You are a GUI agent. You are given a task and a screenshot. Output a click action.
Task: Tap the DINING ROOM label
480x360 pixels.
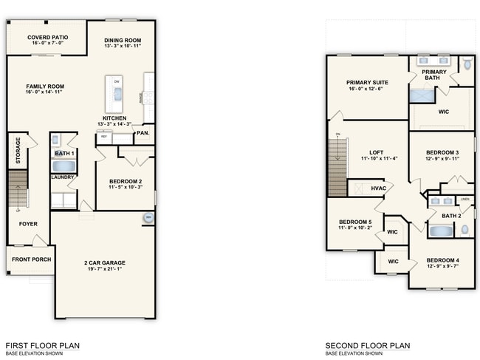[123, 41]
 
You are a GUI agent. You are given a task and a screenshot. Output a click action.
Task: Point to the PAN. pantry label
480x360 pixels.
[143, 133]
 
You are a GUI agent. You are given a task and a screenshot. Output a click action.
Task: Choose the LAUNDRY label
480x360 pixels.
[61, 177]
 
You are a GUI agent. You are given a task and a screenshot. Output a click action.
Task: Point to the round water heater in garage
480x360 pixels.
[148, 217]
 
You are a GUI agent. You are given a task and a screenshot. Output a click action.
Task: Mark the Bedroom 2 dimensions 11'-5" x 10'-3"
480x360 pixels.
[125, 188]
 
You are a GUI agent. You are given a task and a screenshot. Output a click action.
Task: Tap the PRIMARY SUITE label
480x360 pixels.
[367, 83]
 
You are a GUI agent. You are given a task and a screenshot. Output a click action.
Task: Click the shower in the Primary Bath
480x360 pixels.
[424, 95]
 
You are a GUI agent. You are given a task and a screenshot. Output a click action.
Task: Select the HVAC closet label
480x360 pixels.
[379, 189]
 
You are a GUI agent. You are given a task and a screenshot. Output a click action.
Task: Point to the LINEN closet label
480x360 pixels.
[464, 199]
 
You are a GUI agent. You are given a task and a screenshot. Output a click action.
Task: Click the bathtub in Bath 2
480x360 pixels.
[441, 231]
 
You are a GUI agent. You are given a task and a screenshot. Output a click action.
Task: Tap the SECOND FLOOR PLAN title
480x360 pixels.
[367, 345]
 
